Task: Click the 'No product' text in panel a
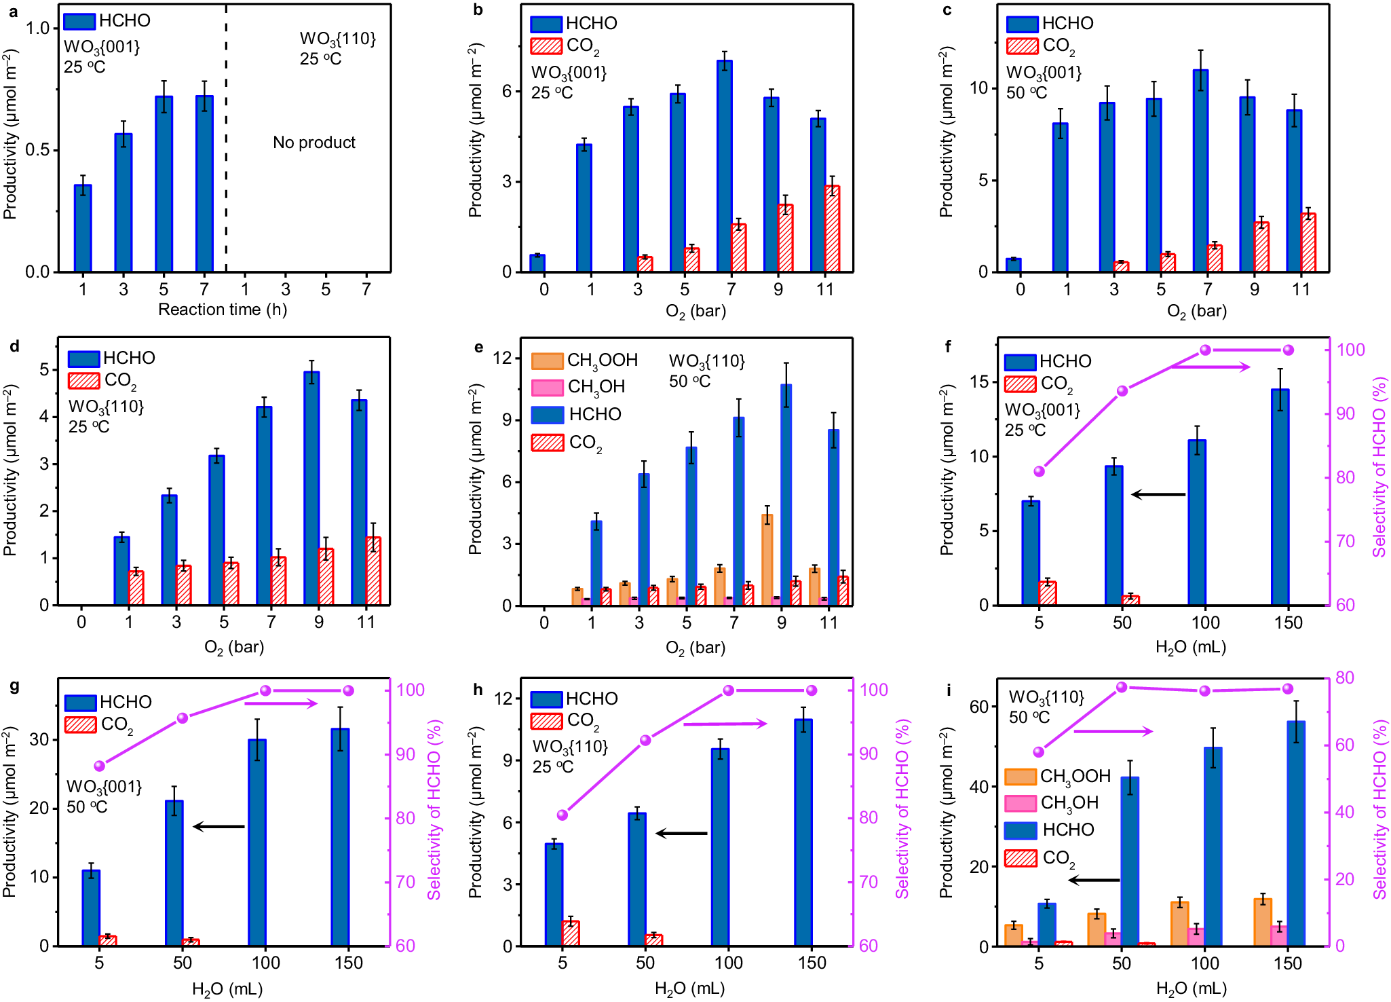pos(313,143)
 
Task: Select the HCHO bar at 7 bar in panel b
pos(724,166)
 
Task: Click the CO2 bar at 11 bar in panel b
pos(832,229)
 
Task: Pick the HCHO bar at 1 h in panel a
pos(83,228)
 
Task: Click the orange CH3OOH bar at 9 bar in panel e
pos(767,560)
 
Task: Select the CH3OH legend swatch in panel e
pos(547,387)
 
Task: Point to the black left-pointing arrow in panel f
pos(1159,494)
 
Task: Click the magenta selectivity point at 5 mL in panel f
pos(1040,472)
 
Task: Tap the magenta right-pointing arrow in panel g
pos(281,703)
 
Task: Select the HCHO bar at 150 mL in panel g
pos(340,836)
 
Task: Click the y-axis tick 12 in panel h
pos(503,698)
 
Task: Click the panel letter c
pos(947,10)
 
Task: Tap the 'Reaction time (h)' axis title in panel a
pos(223,310)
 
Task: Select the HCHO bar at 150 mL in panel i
pos(1296,834)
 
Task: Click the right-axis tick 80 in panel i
pos(1344,678)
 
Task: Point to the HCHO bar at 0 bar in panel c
pos(1014,265)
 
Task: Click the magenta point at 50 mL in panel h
pos(645,740)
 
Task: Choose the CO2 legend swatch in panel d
pos(84,380)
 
